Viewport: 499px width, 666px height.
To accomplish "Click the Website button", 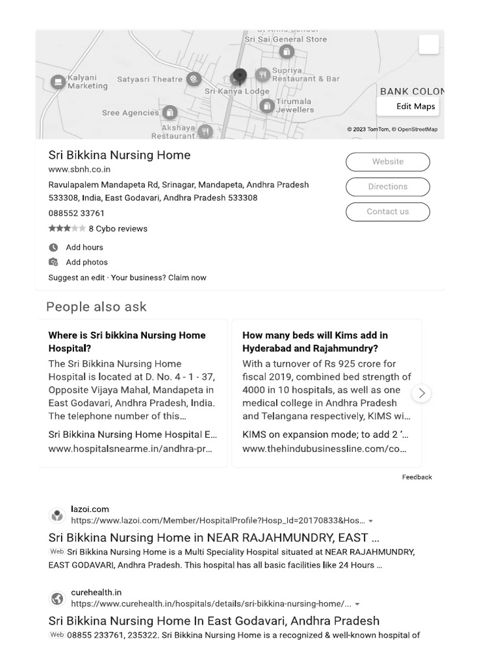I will (x=387, y=162).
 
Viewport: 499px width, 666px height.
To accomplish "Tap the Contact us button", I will (x=387, y=212).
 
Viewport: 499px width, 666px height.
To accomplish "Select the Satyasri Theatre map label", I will (x=150, y=79).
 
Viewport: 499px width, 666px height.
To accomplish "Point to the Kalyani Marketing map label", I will (x=87, y=82).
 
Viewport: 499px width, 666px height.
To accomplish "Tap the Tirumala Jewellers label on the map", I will (x=294, y=106).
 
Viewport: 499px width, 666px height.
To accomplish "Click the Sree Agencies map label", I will (x=130, y=113).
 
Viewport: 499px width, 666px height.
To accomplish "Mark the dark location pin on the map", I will (x=240, y=77).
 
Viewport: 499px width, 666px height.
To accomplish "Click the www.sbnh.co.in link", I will (x=79, y=170).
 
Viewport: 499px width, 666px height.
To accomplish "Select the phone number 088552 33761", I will (x=76, y=213).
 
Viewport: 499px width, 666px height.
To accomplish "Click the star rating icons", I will (x=66, y=229).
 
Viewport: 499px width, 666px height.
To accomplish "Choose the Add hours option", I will (x=84, y=248).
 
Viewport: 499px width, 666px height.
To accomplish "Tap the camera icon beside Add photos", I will (x=53, y=262).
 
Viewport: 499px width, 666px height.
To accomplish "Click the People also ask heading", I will (x=96, y=307).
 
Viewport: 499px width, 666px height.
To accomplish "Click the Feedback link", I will (x=416, y=477).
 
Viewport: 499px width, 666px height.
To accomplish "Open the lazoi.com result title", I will (x=214, y=538).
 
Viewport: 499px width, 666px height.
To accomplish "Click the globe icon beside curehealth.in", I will (x=57, y=598).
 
